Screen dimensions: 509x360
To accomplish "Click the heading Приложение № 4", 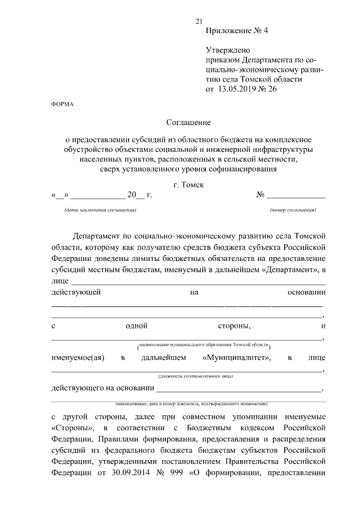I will point(237,31).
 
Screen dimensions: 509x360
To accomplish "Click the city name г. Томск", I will point(188,185).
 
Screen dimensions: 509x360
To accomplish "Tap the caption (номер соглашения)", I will point(292,210).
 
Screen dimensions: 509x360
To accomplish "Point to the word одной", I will point(137,326).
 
